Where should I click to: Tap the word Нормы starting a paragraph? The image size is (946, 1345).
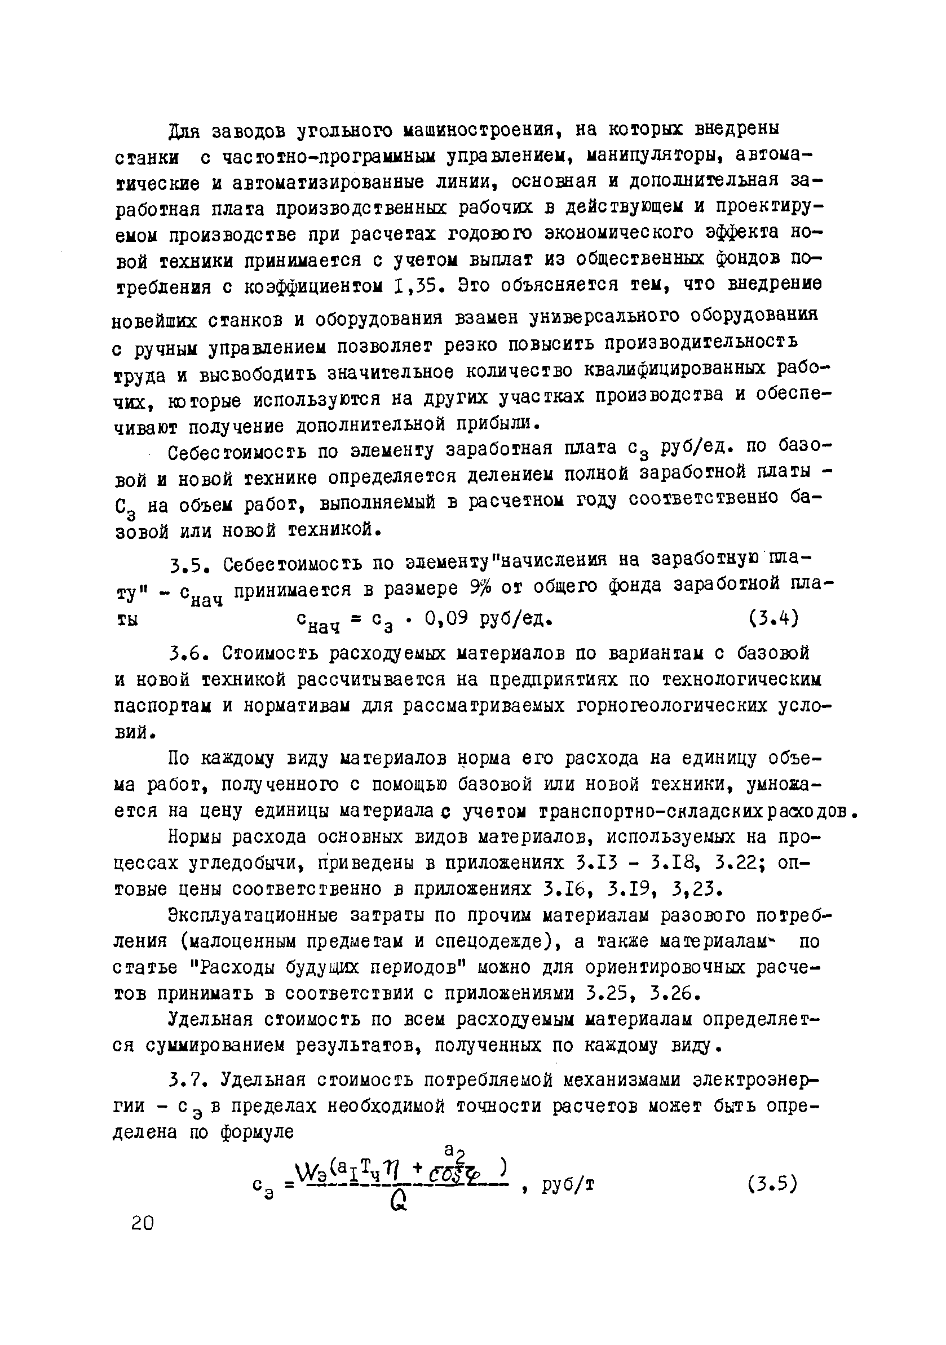[194, 837]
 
